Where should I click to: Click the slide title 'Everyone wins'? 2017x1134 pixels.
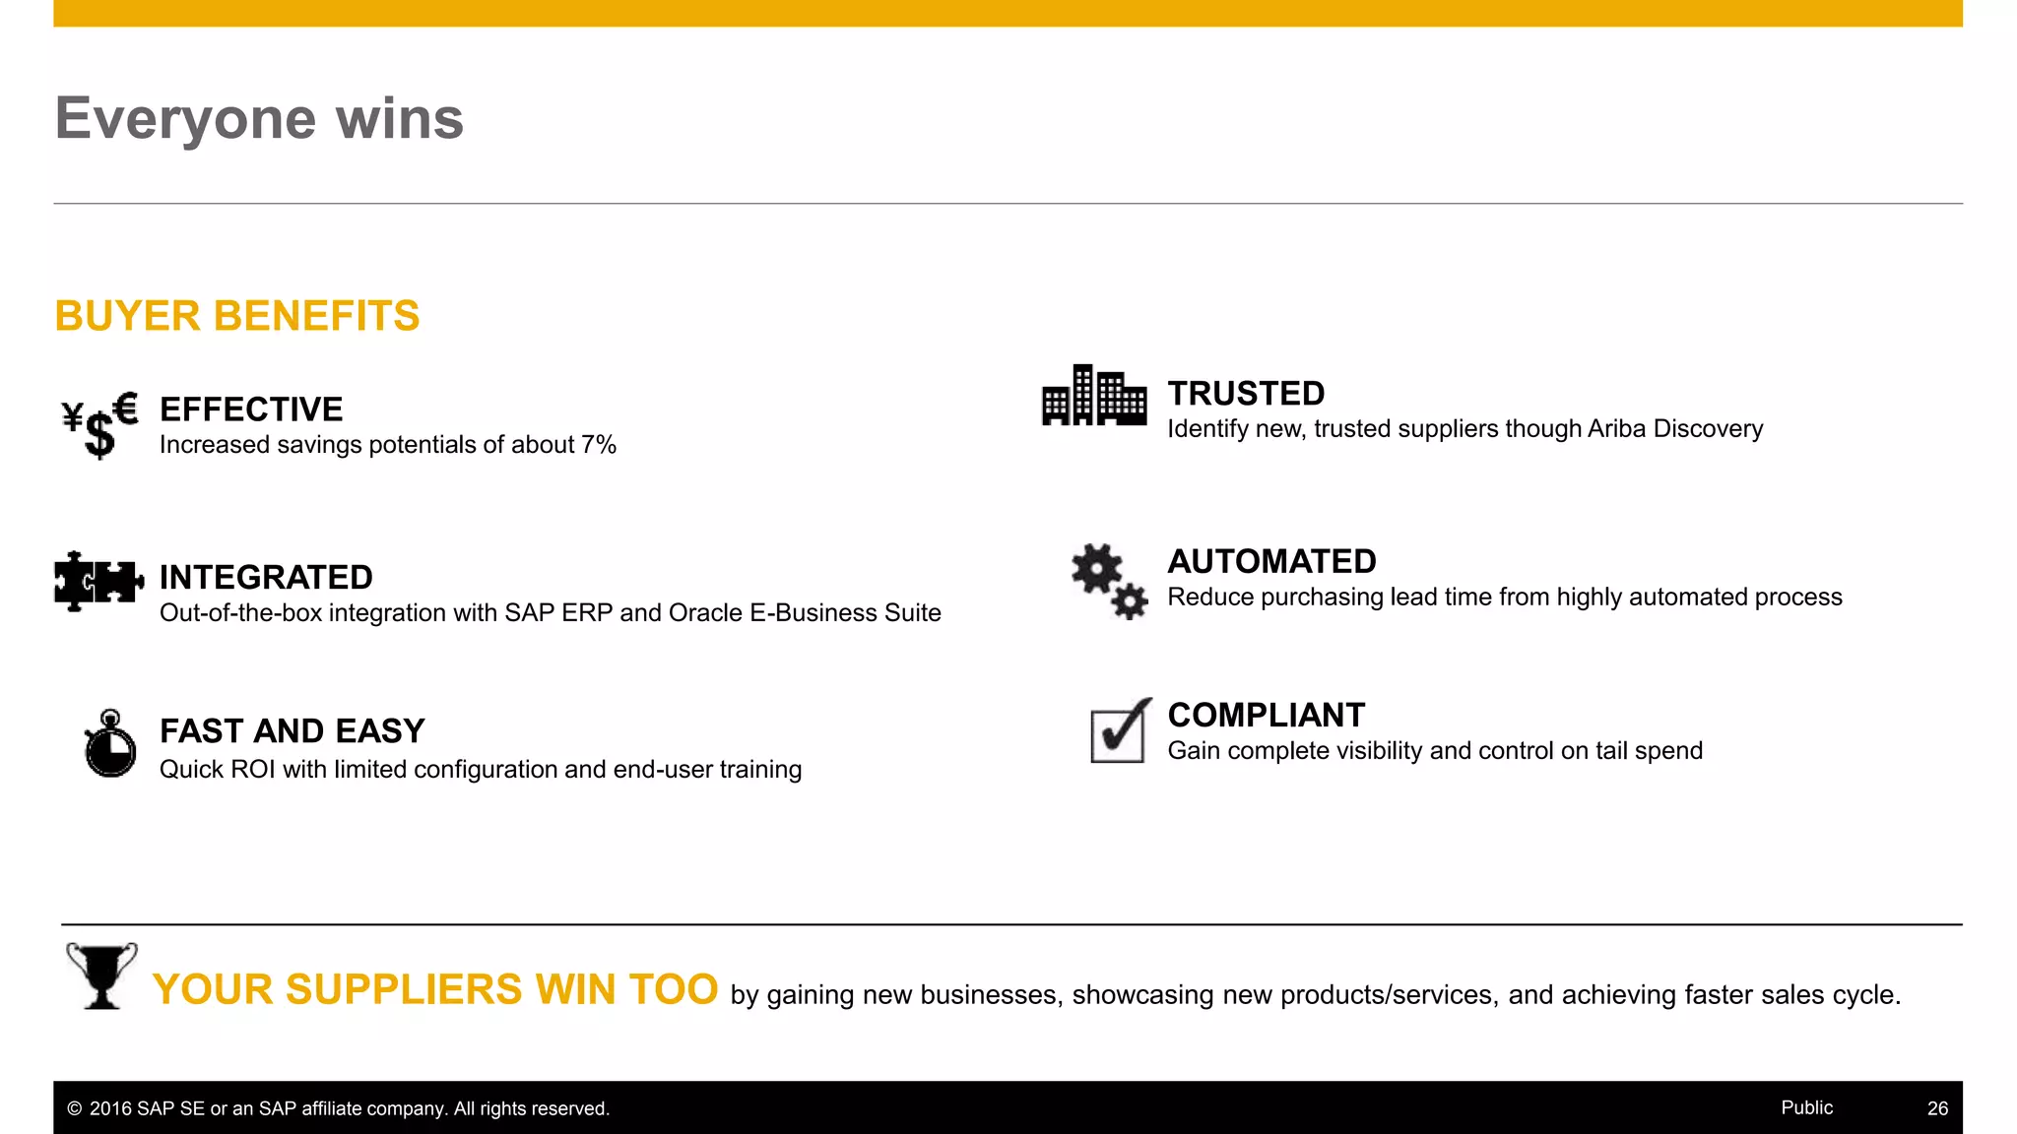[259, 118]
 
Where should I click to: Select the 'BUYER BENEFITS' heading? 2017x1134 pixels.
[237, 316]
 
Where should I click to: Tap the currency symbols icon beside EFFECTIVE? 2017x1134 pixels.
[99, 424]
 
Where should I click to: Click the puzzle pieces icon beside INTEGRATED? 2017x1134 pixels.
[98, 581]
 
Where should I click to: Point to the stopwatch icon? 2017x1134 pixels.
[110, 744]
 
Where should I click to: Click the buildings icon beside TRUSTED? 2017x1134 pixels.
[1093, 396]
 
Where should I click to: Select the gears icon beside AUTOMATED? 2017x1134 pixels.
[1109, 581]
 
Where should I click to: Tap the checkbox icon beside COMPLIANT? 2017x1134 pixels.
[1121, 732]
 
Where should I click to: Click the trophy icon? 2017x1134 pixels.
[101, 976]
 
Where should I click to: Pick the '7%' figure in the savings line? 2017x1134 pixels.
[599, 445]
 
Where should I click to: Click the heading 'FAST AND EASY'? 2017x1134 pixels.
[293, 731]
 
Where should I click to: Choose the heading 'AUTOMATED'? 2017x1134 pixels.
[1271, 561]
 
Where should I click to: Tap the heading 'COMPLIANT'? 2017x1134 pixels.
[1267, 715]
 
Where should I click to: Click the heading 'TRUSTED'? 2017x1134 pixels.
[1246, 394]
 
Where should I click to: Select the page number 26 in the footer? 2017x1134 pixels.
[1937, 1108]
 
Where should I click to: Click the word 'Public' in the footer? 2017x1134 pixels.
[1806, 1107]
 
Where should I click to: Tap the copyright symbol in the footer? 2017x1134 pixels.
[75, 1108]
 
